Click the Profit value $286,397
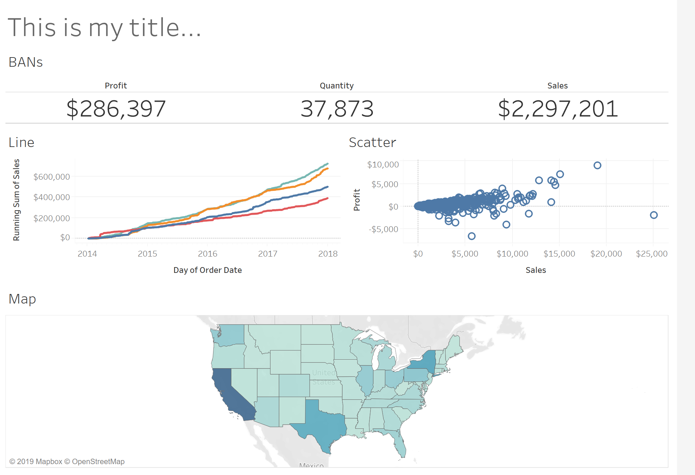click(x=116, y=109)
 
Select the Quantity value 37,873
click(x=337, y=109)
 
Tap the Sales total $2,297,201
click(x=557, y=109)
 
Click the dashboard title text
click(x=104, y=28)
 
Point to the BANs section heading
click(x=25, y=62)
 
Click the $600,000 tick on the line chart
click(x=51, y=177)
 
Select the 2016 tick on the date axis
click(x=207, y=253)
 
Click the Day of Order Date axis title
click(x=207, y=270)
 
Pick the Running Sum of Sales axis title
click(x=16, y=200)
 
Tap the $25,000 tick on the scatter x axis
click(x=651, y=253)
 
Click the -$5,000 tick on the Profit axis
click(x=383, y=229)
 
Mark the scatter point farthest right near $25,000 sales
click(x=654, y=215)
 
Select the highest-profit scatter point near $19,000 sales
click(x=597, y=165)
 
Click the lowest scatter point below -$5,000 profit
click(x=471, y=236)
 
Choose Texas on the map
click(x=323, y=425)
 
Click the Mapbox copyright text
click(x=67, y=461)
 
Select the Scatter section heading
click(x=372, y=143)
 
